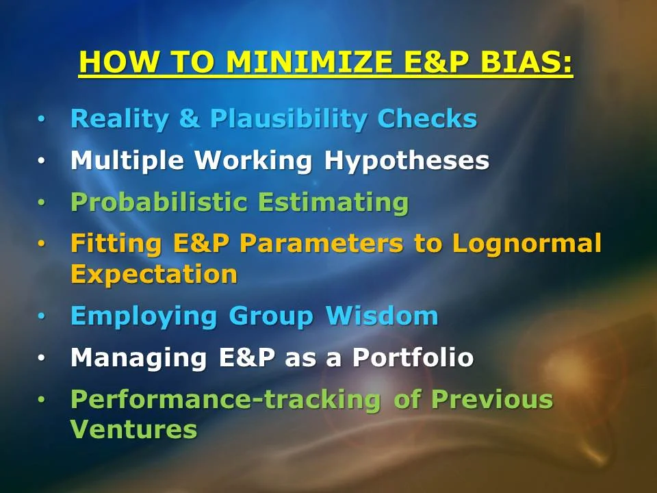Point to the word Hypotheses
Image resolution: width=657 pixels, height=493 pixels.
pyautogui.click(x=407, y=161)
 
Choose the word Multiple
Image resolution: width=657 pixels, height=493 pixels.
pyautogui.click(x=128, y=161)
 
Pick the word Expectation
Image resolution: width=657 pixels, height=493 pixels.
pyautogui.click(x=154, y=274)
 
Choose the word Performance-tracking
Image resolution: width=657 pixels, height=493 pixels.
pyautogui.click(x=226, y=399)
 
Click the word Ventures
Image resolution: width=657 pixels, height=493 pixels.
pyautogui.click(x=133, y=429)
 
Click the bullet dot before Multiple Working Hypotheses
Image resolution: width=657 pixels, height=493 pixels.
pyautogui.click(x=42, y=162)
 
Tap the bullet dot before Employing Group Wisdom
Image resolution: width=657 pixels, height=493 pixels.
pyautogui.click(x=42, y=317)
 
